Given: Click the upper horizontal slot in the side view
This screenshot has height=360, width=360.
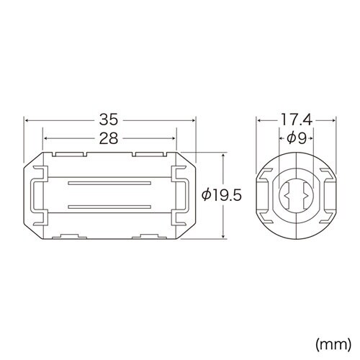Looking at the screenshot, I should [109, 184].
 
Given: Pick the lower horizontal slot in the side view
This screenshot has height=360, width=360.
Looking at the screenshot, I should [109, 207].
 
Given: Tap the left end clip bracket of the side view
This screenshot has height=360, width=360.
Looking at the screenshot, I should [35, 195].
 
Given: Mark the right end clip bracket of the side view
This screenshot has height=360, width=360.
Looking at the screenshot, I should [184, 195].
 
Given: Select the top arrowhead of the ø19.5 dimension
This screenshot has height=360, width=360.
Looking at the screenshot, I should [223, 155].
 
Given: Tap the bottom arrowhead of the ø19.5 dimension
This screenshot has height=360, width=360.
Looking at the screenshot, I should [223, 235].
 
